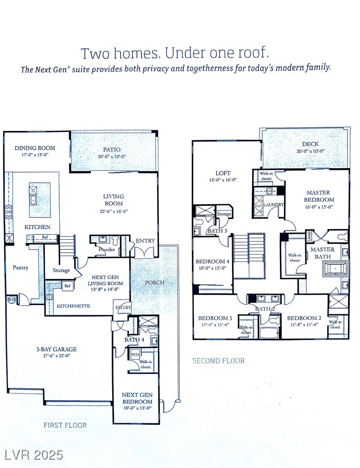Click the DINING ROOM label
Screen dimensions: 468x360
[35, 148]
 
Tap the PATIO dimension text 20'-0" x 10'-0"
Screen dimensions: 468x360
[112, 157]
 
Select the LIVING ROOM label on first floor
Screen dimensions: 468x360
[113, 200]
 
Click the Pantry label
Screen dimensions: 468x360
[20, 267]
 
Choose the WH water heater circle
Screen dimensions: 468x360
[12, 300]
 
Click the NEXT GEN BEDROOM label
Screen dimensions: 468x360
[136, 398]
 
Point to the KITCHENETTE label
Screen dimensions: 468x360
[73, 306]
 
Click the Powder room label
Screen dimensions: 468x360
[107, 250]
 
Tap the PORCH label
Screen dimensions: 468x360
[155, 282]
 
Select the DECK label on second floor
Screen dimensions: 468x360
[310, 144]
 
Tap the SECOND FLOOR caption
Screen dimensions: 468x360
[218, 361]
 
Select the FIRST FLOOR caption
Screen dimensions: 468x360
[65, 424]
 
